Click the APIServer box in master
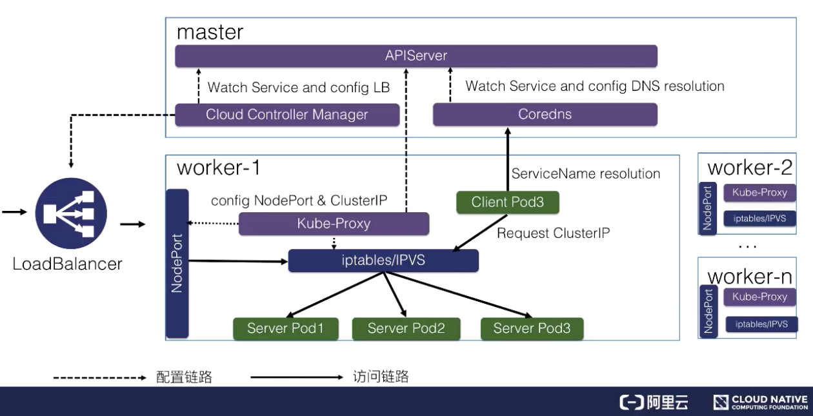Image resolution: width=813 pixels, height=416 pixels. click(x=416, y=55)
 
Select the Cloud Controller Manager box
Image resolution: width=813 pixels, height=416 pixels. click(x=287, y=115)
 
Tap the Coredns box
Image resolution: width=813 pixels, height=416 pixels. click(x=545, y=115)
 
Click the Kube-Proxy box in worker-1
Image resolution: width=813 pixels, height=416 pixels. click(x=334, y=224)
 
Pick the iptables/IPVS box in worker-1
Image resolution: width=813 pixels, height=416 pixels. click(x=383, y=261)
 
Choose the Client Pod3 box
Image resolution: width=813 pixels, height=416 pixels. click(x=507, y=202)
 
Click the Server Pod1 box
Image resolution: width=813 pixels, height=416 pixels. click(x=285, y=328)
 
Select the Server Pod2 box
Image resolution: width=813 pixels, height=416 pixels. click(x=406, y=328)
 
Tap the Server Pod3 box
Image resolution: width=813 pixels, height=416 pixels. click(x=532, y=328)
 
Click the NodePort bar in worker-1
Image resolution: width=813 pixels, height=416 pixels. click(x=177, y=263)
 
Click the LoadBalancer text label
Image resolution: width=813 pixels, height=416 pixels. click(x=67, y=263)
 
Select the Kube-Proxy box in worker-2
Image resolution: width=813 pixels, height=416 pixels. click(x=759, y=192)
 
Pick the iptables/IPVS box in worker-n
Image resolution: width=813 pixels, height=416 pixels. click(x=760, y=324)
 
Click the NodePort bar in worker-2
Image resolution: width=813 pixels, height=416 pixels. click(x=707, y=208)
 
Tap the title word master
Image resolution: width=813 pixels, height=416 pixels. click(x=210, y=32)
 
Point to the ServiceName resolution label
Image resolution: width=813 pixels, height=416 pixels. click(x=585, y=173)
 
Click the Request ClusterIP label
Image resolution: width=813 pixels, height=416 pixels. click(x=553, y=233)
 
